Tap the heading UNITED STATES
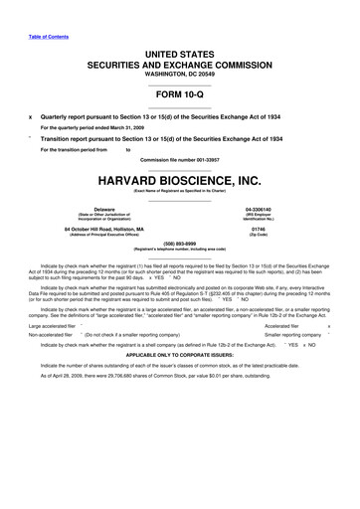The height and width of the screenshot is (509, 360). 180,50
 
